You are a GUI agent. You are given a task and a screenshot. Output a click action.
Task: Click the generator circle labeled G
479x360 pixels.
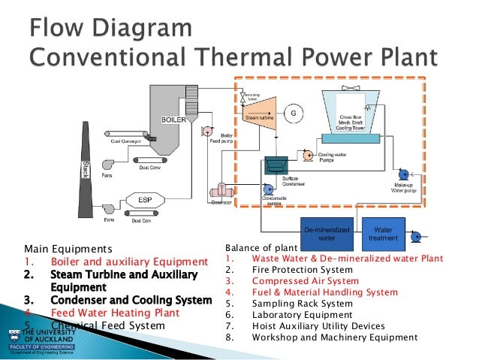(294, 113)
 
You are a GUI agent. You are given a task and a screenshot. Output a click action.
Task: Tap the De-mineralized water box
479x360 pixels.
(326, 234)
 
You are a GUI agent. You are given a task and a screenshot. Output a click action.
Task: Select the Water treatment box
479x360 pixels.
(384, 234)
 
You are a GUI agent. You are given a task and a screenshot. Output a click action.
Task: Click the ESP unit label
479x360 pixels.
(146, 200)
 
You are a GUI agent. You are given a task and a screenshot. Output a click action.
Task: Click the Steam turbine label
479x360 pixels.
(259, 119)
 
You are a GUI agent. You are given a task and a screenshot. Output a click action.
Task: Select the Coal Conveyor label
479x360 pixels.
(127, 141)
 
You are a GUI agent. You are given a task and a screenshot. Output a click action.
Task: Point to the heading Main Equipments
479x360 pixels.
(68, 249)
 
